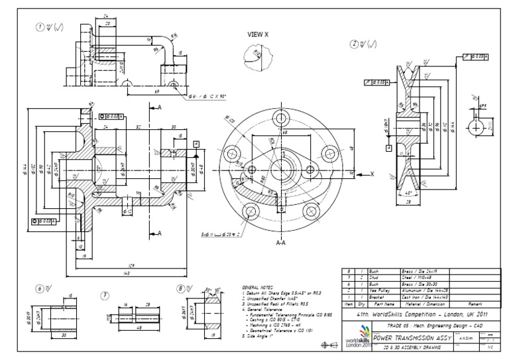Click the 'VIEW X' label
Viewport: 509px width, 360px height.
[258, 32]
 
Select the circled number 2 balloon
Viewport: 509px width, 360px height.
[356, 44]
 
